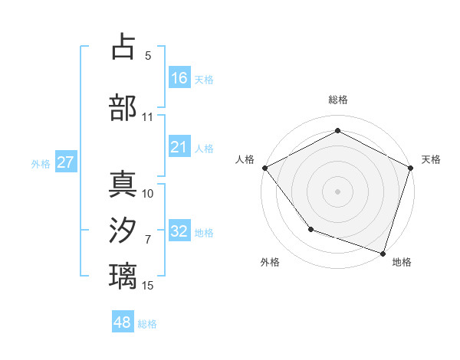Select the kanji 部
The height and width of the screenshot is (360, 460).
point(123,107)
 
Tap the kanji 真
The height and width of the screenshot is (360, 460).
point(123,185)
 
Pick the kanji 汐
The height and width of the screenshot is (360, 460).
point(123,231)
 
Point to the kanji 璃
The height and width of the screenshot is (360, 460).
point(123,276)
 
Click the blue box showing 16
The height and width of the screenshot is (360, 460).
point(179,78)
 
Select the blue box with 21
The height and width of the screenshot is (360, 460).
point(179,147)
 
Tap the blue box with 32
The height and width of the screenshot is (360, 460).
point(179,231)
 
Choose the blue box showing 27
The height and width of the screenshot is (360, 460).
point(65,162)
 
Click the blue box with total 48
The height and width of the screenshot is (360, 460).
point(123,322)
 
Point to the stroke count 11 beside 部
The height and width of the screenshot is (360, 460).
point(148,117)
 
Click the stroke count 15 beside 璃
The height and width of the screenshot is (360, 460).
point(148,286)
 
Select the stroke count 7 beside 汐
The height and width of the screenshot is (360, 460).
point(148,240)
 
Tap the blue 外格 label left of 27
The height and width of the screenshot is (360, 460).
point(41,163)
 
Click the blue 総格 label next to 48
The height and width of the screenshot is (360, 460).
point(147,323)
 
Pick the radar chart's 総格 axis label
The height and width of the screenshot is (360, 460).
point(337,100)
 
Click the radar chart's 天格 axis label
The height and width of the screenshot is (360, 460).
point(431,159)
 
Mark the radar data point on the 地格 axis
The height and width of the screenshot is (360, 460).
point(383,252)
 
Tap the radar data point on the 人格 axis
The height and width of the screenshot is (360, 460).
point(264,168)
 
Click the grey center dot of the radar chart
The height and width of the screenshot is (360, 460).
point(337,191)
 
